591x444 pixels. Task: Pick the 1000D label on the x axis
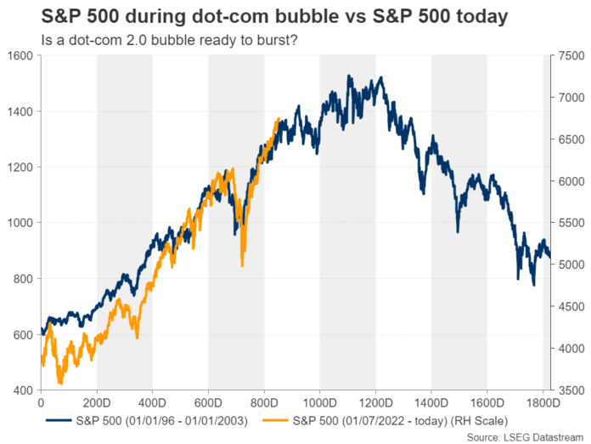pos(320,400)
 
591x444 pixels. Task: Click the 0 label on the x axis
pos(41,400)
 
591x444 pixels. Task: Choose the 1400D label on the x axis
pos(431,400)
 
